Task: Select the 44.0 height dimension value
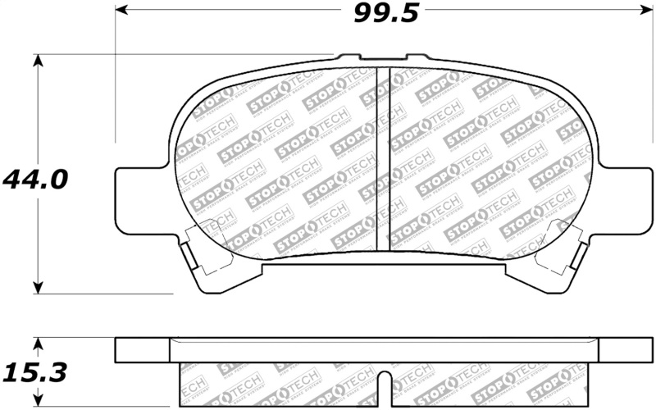[34, 179]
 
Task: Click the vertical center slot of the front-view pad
[383, 160]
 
